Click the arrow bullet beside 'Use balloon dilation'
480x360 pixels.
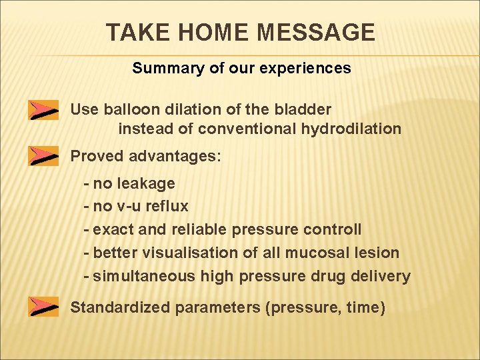click(x=43, y=110)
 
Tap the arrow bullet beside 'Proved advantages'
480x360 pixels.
click(x=43, y=156)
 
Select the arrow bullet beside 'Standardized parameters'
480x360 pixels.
click(x=43, y=307)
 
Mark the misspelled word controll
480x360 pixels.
click(x=332, y=230)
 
